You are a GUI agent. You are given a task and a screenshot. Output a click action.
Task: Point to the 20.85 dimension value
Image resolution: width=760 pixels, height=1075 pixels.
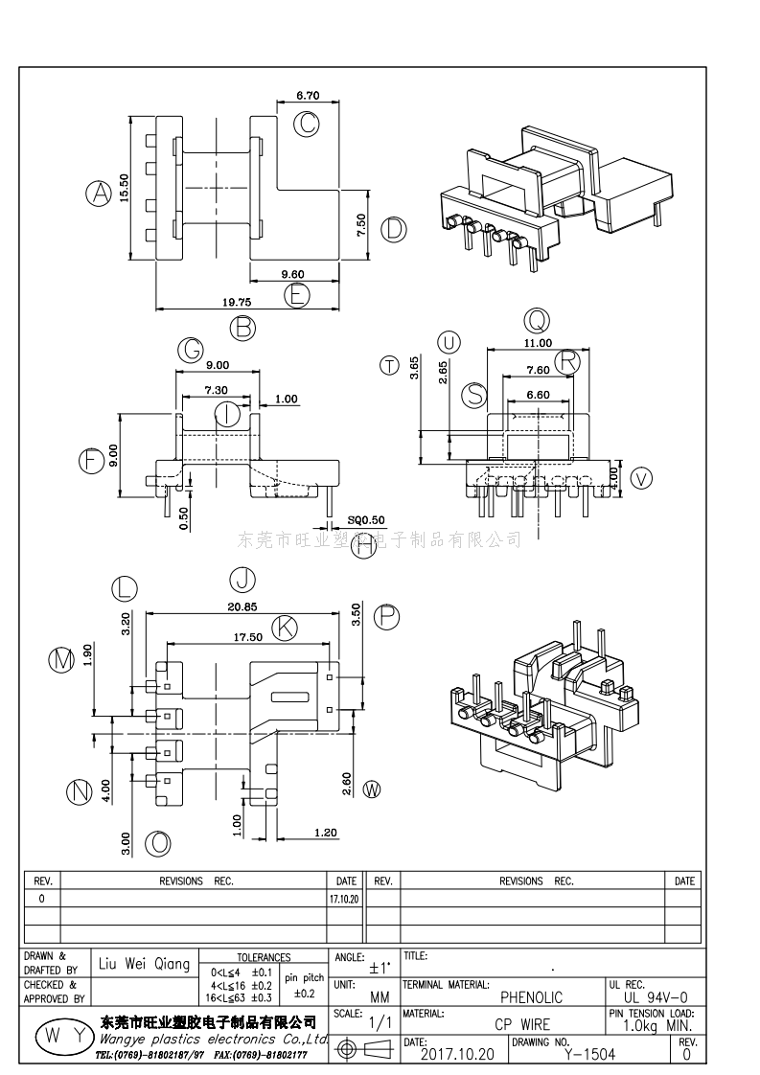point(242,606)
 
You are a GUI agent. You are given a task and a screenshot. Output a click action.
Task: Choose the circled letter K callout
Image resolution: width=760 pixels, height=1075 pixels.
point(284,628)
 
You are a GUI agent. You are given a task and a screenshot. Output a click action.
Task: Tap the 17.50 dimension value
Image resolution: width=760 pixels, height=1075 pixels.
point(248,636)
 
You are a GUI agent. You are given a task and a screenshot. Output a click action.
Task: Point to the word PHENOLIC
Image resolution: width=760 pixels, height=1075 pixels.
point(532,997)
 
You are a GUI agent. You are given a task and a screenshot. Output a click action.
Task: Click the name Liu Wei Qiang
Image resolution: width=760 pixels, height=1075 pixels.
point(145,964)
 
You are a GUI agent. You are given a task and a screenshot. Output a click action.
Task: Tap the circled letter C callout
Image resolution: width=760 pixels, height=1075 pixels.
point(306,124)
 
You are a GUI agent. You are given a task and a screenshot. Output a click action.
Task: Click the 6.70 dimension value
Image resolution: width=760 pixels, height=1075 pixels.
point(309,96)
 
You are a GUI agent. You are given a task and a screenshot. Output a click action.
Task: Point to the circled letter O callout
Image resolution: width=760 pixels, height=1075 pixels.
point(158,843)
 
